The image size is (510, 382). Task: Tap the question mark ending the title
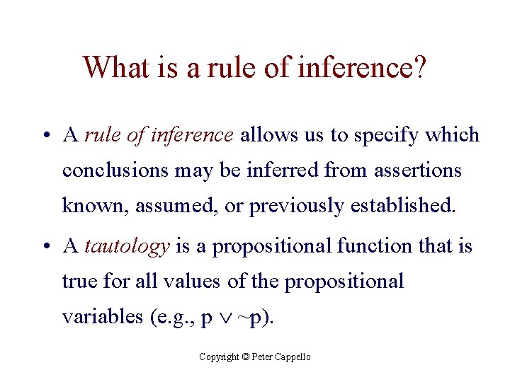(x=419, y=68)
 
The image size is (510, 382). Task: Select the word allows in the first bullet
(x=268, y=134)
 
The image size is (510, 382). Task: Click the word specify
(x=391, y=136)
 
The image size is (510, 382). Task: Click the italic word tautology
(x=127, y=247)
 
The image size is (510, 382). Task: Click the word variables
(x=102, y=317)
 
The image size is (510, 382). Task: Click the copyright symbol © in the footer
(x=246, y=357)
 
